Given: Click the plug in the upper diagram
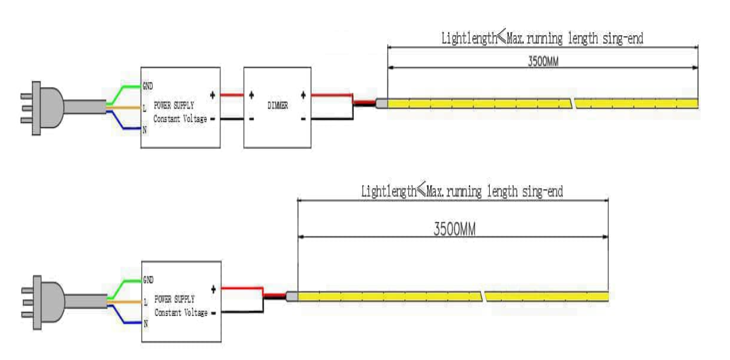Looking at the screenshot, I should pyautogui.click(x=41, y=108).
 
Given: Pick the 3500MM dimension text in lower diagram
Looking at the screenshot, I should pyautogui.click(x=454, y=230).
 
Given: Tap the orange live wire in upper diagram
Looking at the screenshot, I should pyautogui.click(x=126, y=108).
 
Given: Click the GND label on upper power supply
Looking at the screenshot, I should pyautogui.click(x=148, y=85).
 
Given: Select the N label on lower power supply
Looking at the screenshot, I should pyautogui.click(x=145, y=324).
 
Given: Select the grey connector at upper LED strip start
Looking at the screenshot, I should pyautogui.click(x=381, y=104).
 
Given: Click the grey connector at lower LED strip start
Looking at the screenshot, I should pyautogui.click(x=292, y=296).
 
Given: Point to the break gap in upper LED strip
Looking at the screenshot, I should pyautogui.click(x=573, y=104).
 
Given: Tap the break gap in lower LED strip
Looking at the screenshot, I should pyautogui.click(x=483, y=296).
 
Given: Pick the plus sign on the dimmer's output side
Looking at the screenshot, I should pyautogui.click(x=303, y=95).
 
